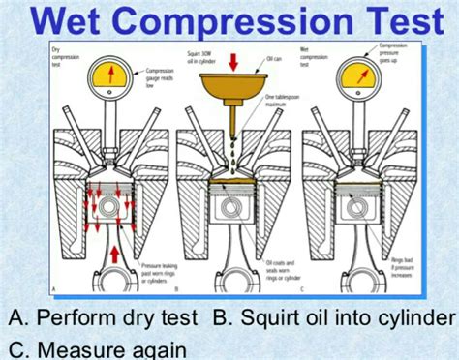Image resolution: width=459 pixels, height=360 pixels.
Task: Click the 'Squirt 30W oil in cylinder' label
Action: tap(201, 56)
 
